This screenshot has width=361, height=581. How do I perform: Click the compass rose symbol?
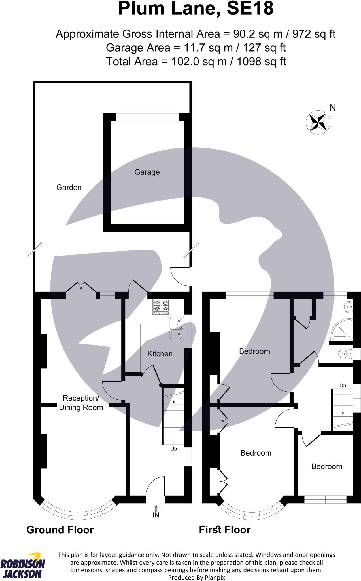pos(318,122)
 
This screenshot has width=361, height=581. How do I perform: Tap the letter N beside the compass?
pos(333,108)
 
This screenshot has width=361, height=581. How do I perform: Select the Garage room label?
pos(147,172)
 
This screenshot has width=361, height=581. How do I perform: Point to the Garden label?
pos(69,188)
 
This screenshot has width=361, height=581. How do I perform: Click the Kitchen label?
pos(160,354)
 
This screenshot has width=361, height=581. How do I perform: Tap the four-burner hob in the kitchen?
pos(161,307)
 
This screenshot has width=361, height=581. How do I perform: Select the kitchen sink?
pos(176,329)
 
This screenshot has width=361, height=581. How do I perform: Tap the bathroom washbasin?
pos(348,306)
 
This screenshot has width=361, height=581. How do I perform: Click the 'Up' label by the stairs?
pos(173,449)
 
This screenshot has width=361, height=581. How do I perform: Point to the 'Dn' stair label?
pos(343,386)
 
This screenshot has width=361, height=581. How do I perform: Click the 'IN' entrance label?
pos(156,515)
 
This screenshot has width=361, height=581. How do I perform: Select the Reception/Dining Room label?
pos(81,403)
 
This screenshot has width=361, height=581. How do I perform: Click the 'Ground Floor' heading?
pos(60,530)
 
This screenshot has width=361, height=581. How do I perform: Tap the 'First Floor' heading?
pos(225,530)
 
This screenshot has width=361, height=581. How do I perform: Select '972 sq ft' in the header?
pos(314,34)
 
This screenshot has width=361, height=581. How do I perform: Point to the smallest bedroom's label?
pos(327,467)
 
